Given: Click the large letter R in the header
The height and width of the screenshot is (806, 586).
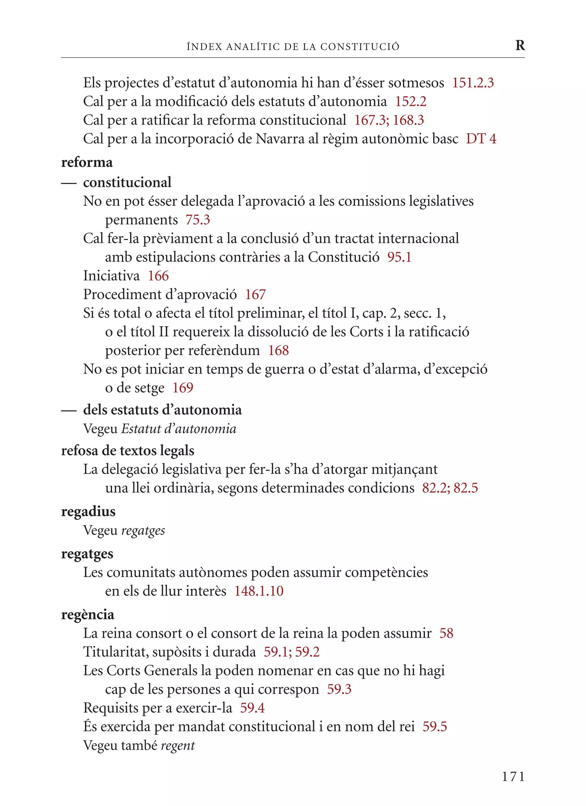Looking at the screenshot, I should pos(520,45).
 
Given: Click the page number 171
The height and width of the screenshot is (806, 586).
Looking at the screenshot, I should pos(513,777).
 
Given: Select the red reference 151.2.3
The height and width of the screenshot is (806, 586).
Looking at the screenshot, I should pos(473,83).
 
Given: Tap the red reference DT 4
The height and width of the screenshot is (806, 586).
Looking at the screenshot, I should pos(481,139).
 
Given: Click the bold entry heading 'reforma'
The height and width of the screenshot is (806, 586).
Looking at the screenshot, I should pos(87,162).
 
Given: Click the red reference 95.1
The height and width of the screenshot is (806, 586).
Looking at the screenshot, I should pos(399,257).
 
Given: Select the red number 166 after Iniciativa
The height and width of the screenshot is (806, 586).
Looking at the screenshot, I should pos(158,276).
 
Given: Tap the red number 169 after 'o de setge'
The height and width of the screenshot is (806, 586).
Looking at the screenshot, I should pos(183,388).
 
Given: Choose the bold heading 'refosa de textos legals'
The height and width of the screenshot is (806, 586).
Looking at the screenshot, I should pos(128,451).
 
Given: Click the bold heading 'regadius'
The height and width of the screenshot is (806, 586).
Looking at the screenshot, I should pos(88,511).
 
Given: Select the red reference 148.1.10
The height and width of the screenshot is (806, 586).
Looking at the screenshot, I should pos(259,591).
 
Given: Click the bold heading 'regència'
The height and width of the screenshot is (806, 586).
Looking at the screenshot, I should pos(88,615).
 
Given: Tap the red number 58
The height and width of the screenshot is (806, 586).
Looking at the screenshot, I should pos(446,633).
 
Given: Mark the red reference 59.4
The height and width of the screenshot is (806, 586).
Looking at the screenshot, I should pos(252,708).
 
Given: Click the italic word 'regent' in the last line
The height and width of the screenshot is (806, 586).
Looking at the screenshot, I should pos(178,745).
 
